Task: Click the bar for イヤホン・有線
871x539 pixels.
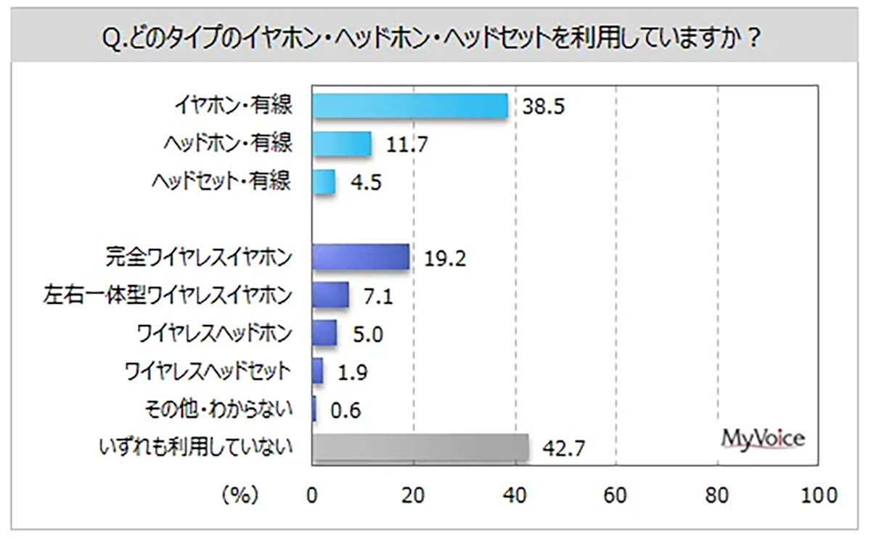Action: [409, 107]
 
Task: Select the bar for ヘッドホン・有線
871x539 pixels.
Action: [342, 144]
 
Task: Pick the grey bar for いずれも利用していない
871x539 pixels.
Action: [420, 448]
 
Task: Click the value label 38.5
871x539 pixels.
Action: [543, 107]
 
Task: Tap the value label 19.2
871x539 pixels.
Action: [445, 258]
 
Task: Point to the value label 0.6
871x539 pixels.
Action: [345, 411]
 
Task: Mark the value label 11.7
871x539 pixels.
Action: [406, 145]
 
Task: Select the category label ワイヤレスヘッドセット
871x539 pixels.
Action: [209, 372]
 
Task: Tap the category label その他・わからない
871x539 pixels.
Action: [218, 410]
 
